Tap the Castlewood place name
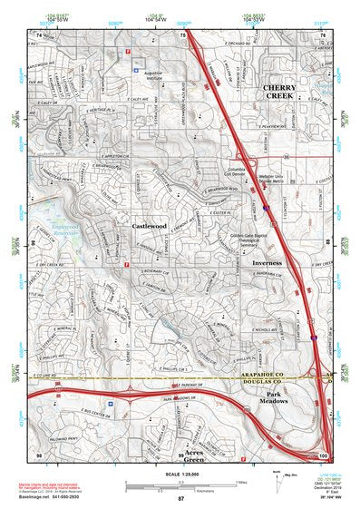(x=149, y=225)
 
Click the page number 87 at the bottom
(x=181, y=500)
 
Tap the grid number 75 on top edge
(x=183, y=34)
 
